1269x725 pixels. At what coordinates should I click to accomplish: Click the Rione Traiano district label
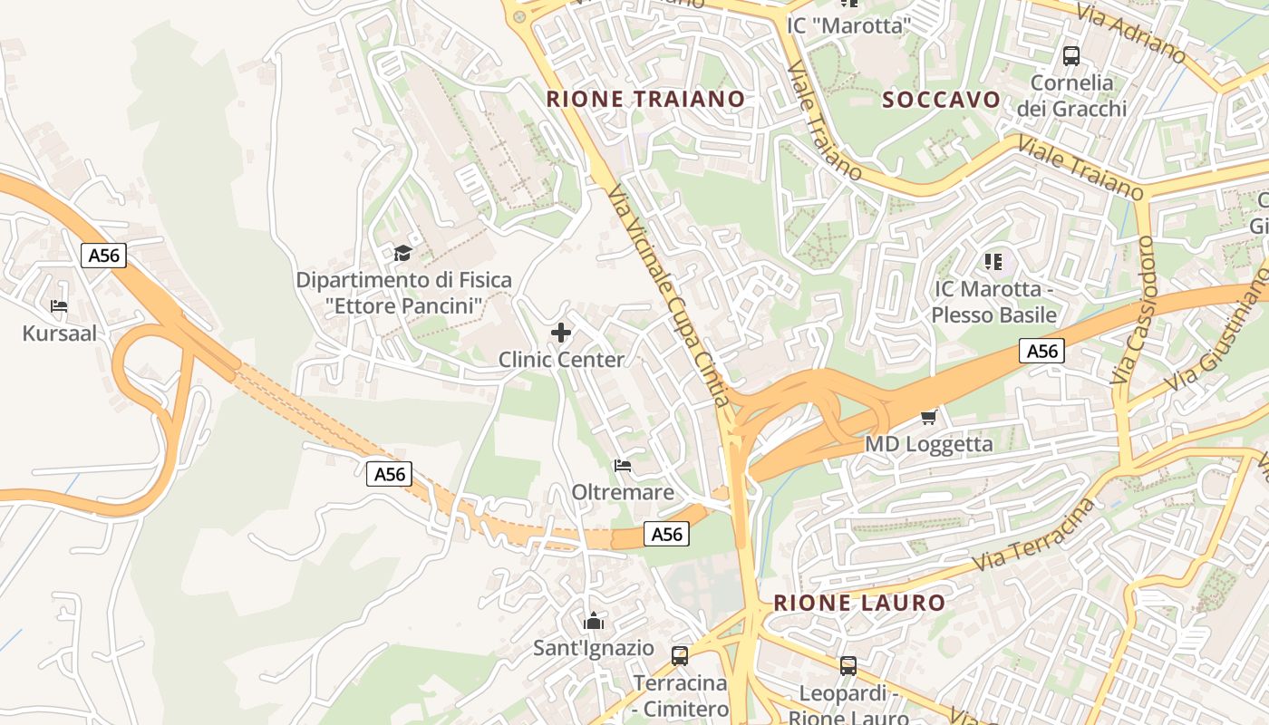click(645, 99)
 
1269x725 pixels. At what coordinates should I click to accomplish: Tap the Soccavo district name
click(942, 100)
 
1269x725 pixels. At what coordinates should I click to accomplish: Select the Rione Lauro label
click(858, 603)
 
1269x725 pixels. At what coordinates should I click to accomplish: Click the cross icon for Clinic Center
click(561, 333)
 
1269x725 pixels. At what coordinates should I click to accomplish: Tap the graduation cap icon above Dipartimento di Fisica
click(402, 253)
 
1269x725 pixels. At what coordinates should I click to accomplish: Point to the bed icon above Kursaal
click(59, 306)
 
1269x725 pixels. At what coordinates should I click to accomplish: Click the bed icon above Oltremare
click(623, 466)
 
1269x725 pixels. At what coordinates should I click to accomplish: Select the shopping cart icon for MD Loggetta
click(928, 417)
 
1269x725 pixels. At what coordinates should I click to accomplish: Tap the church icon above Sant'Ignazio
click(594, 621)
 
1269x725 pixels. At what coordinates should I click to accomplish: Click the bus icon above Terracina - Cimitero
click(680, 655)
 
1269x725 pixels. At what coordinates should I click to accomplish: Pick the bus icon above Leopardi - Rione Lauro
click(848, 666)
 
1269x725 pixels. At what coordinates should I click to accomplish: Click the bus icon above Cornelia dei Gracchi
click(1071, 55)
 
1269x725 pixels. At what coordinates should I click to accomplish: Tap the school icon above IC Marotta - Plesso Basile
click(993, 262)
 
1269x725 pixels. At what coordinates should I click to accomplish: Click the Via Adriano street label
click(1131, 34)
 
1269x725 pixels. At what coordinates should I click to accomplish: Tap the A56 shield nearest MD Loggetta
click(1041, 351)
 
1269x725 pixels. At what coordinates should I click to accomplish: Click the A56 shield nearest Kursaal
click(103, 256)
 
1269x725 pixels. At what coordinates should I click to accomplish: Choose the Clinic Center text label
click(561, 360)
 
